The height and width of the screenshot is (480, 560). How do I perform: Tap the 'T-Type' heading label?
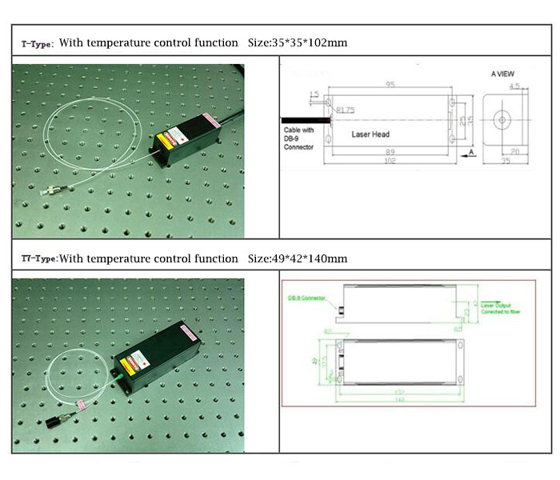coord(38,42)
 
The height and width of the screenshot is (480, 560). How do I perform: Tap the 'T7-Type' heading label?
coord(40,259)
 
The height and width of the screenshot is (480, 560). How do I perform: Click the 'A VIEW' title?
coord(502,74)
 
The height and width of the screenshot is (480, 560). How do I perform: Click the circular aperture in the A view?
coord(502,122)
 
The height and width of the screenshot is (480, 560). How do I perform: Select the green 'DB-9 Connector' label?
coord(309,298)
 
